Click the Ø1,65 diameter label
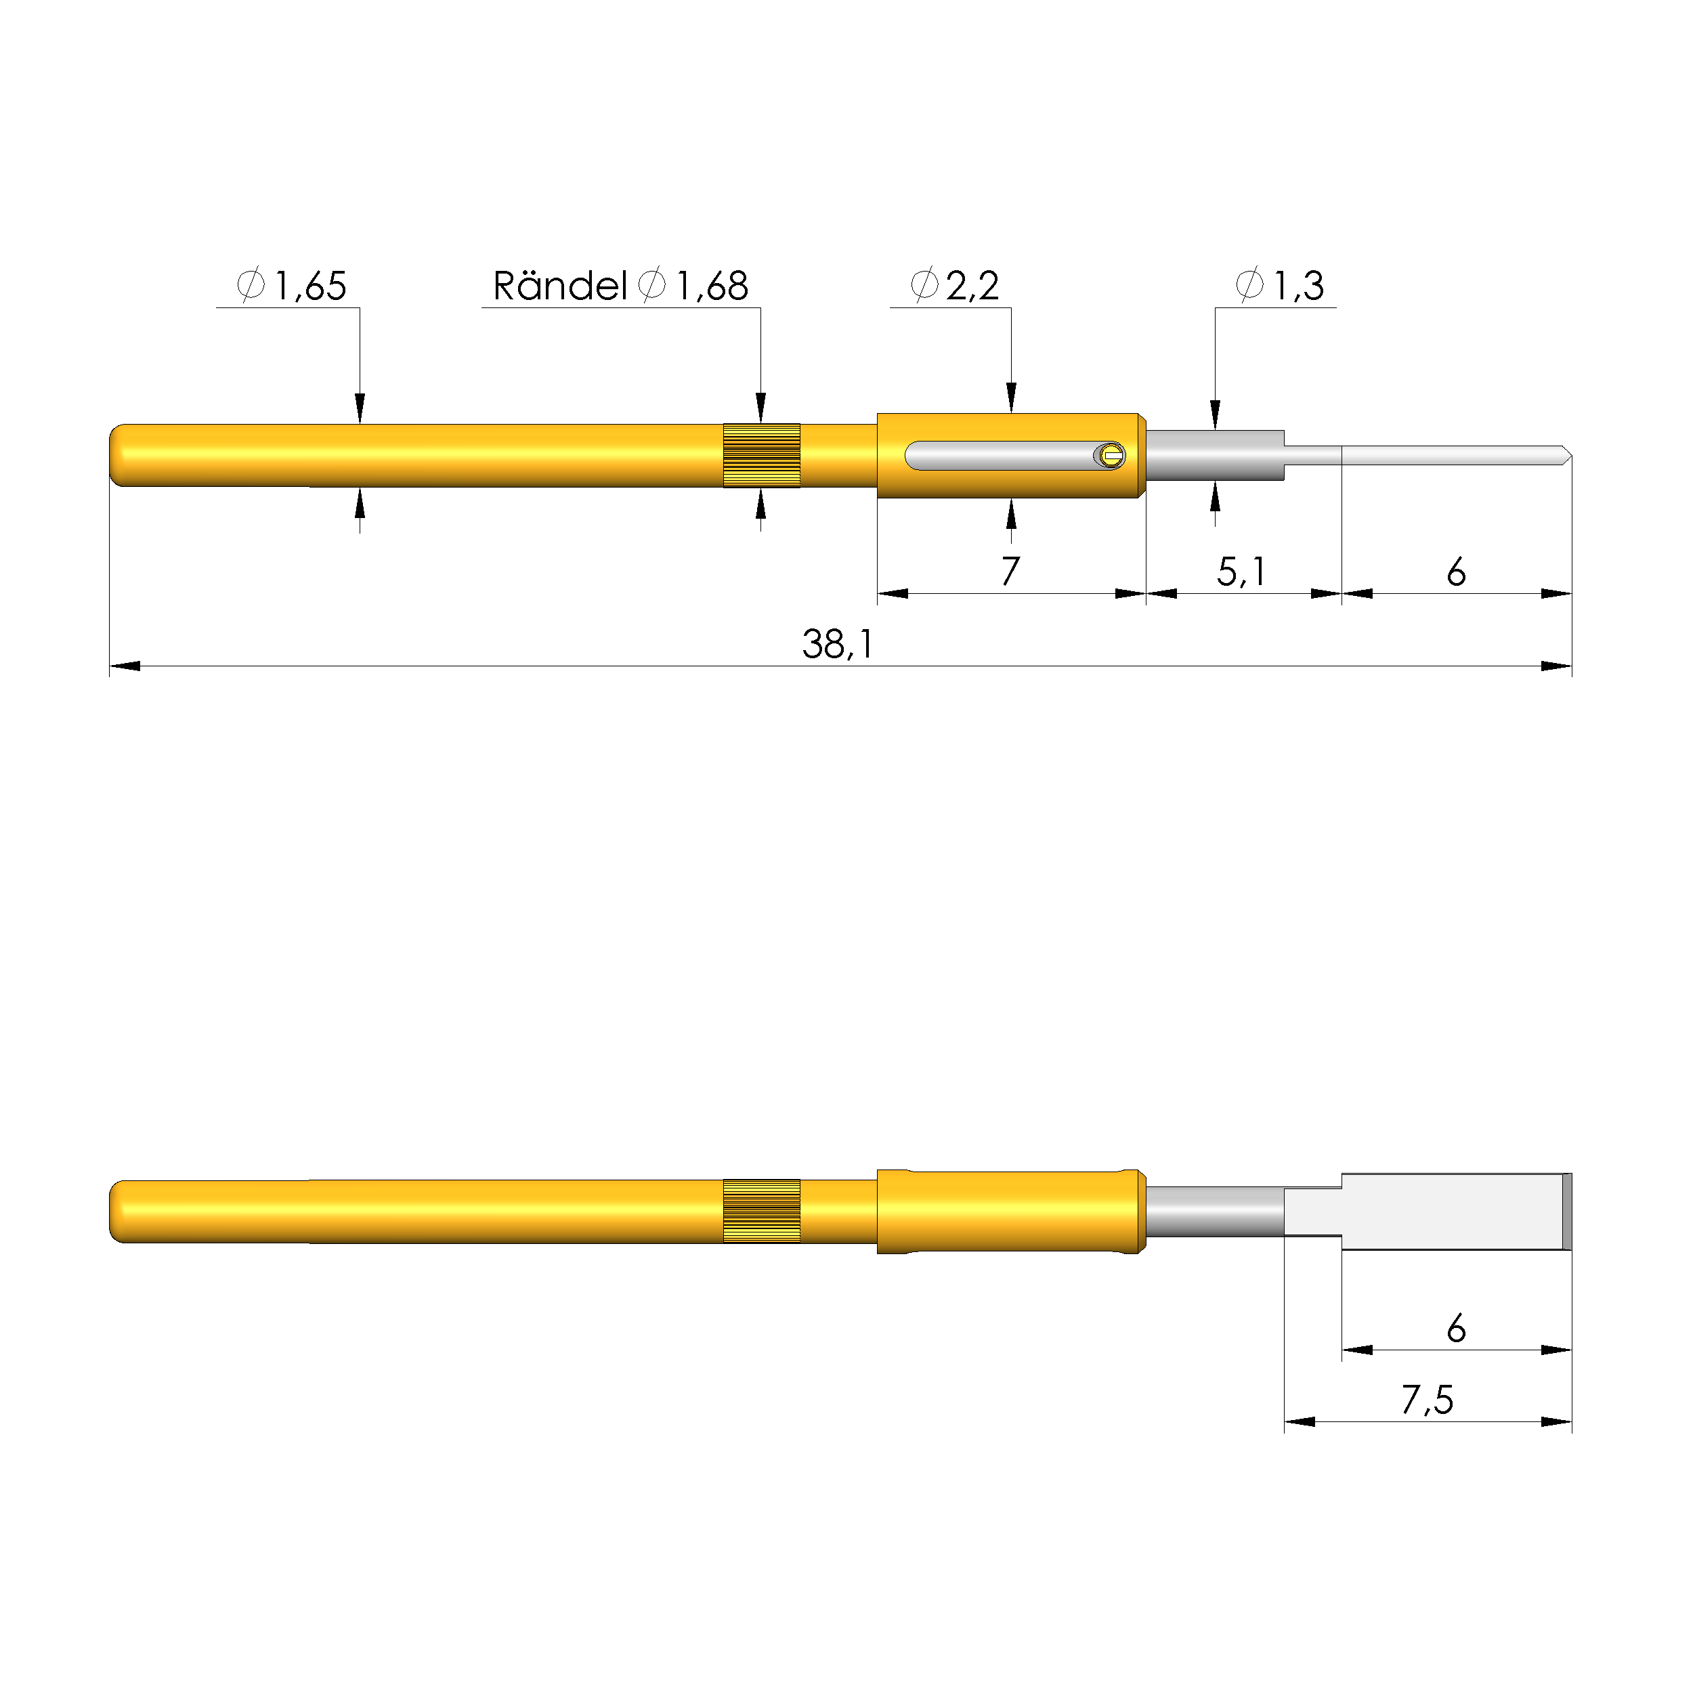(x=292, y=286)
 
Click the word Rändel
(x=560, y=286)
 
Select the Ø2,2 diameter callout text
(x=956, y=286)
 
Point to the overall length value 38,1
(x=838, y=645)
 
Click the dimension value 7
(x=1010, y=572)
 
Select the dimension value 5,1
(x=1241, y=572)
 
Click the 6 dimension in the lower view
(x=1457, y=1328)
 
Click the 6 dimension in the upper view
(x=1457, y=572)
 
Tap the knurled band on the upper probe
(x=762, y=455)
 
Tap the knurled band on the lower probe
(x=762, y=1211)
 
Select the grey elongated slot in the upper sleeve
(x=1000, y=455)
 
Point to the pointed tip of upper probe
(x=1566, y=455)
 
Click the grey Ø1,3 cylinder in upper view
(x=1215, y=455)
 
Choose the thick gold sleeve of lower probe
(x=1010, y=1211)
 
